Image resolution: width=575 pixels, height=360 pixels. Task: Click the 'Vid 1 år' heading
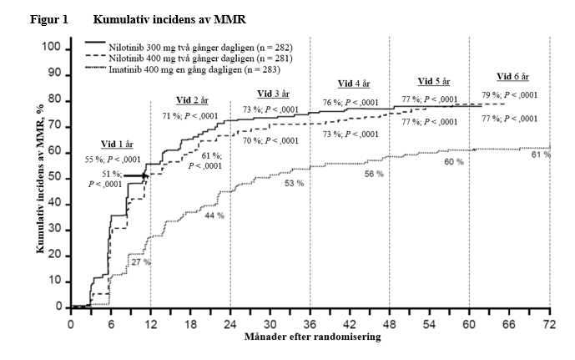[117, 144]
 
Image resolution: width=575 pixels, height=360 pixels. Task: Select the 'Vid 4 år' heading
[354, 84]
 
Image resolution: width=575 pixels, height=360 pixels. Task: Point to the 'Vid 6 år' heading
[511, 76]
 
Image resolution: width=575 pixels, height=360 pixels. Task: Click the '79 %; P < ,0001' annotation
[509, 95]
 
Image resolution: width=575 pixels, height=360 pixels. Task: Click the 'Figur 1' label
[49, 18]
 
